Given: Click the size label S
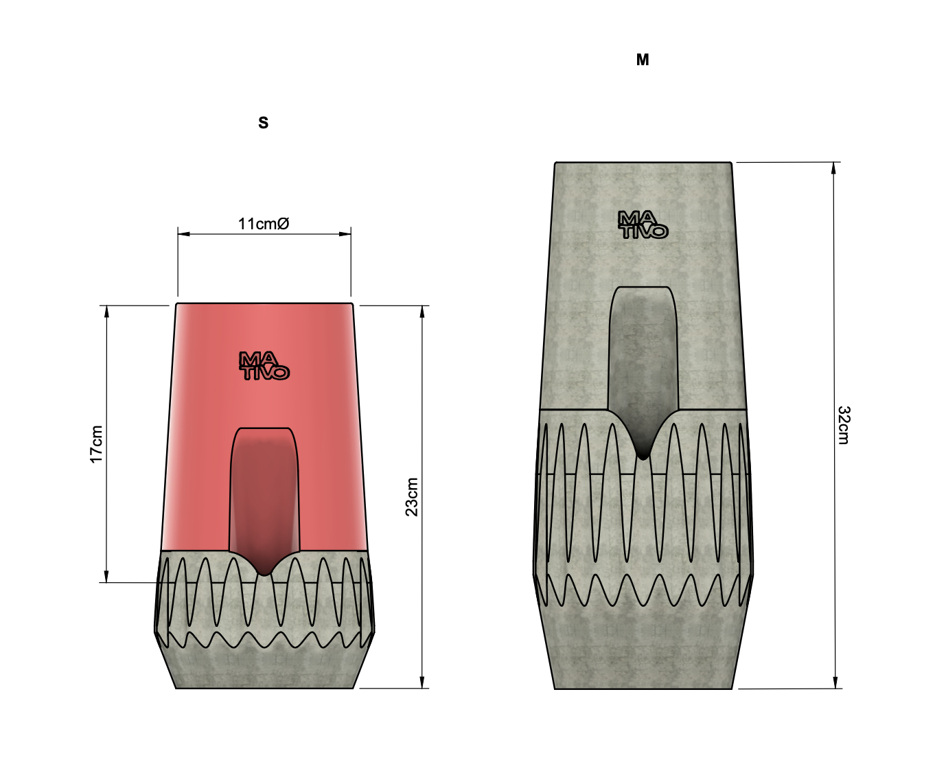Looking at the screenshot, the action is tap(264, 123).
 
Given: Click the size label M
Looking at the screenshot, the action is tap(643, 60).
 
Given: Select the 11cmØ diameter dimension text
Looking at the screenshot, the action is tap(264, 224).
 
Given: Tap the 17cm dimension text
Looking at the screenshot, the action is tap(96, 444).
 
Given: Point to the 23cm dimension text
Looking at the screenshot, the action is tap(411, 497).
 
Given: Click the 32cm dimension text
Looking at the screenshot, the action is tap(844, 425).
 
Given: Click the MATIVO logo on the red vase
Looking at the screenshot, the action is tap(264, 366).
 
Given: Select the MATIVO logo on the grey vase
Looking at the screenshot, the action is tap(643, 224).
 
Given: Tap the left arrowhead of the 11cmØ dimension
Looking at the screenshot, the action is tap(183, 234).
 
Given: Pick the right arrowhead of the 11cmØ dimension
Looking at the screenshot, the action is tap(345, 234).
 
